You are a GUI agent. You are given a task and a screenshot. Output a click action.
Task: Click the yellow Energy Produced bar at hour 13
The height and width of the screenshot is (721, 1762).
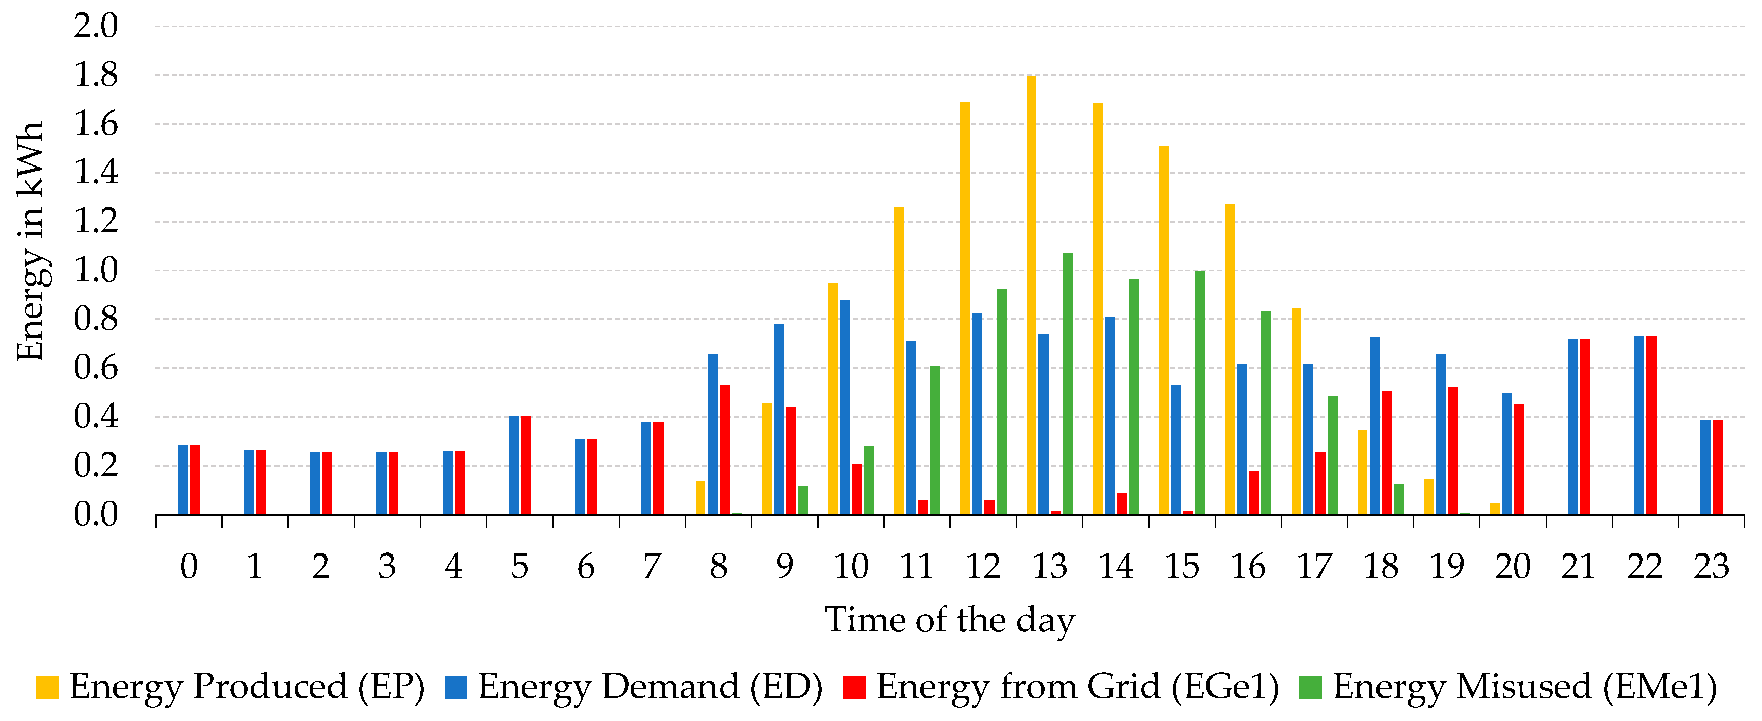[x=1031, y=294]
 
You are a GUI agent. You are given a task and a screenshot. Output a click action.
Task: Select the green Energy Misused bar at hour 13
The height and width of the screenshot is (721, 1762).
[x=1067, y=383]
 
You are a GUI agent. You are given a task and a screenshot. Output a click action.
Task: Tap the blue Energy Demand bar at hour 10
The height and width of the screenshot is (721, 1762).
[x=845, y=407]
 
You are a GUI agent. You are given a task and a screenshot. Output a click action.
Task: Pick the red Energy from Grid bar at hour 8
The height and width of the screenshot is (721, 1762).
[x=725, y=450]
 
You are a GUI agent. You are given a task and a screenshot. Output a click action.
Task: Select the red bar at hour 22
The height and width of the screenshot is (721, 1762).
[x=1651, y=425]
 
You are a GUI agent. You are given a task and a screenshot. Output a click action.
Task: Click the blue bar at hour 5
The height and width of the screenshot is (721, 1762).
[x=514, y=465]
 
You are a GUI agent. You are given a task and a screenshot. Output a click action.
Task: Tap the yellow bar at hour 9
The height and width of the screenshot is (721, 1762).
[x=767, y=458]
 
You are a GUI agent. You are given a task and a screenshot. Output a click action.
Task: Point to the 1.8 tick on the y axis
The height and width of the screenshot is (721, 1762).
[x=96, y=75]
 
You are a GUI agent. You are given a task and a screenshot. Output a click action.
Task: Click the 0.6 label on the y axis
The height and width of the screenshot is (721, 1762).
[x=96, y=368]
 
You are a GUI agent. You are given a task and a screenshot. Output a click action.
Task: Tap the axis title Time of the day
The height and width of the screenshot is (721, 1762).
[x=950, y=620]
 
